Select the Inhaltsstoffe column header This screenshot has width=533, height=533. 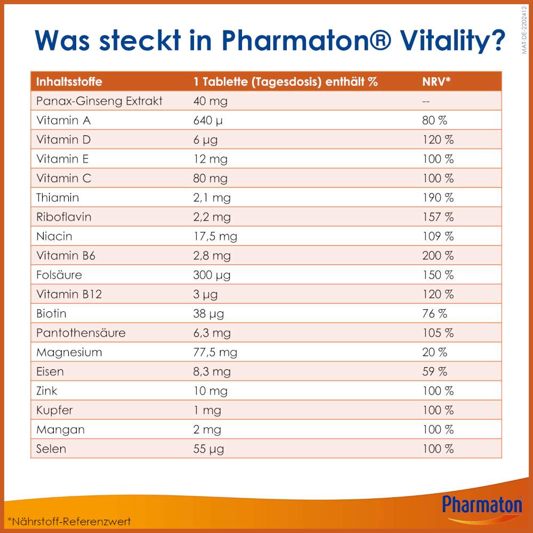(x=69, y=82)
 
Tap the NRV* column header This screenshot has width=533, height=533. (x=437, y=82)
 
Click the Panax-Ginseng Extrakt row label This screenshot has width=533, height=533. (x=99, y=101)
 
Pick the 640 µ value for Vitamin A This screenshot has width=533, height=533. (x=208, y=120)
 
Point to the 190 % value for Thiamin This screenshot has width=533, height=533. (x=438, y=198)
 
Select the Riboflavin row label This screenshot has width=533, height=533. (x=64, y=217)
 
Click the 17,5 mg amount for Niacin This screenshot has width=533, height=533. (x=215, y=236)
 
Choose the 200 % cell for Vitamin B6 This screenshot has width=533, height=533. (x=438, y=256)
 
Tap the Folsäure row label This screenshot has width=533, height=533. (x=59, y=275)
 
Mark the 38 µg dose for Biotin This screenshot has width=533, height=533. (x=205, y=313)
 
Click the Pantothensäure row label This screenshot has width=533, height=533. (x=81, y=333)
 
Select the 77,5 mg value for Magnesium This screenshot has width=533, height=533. (x=215, y=352)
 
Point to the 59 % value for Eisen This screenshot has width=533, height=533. (x=434, y=372)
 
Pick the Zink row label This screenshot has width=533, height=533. (x=47, y=391)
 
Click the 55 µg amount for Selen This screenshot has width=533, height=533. (x=208, y=449)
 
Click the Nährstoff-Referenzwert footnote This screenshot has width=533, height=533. (x=69, y=521)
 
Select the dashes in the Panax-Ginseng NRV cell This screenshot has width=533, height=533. (x=426, y=101)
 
